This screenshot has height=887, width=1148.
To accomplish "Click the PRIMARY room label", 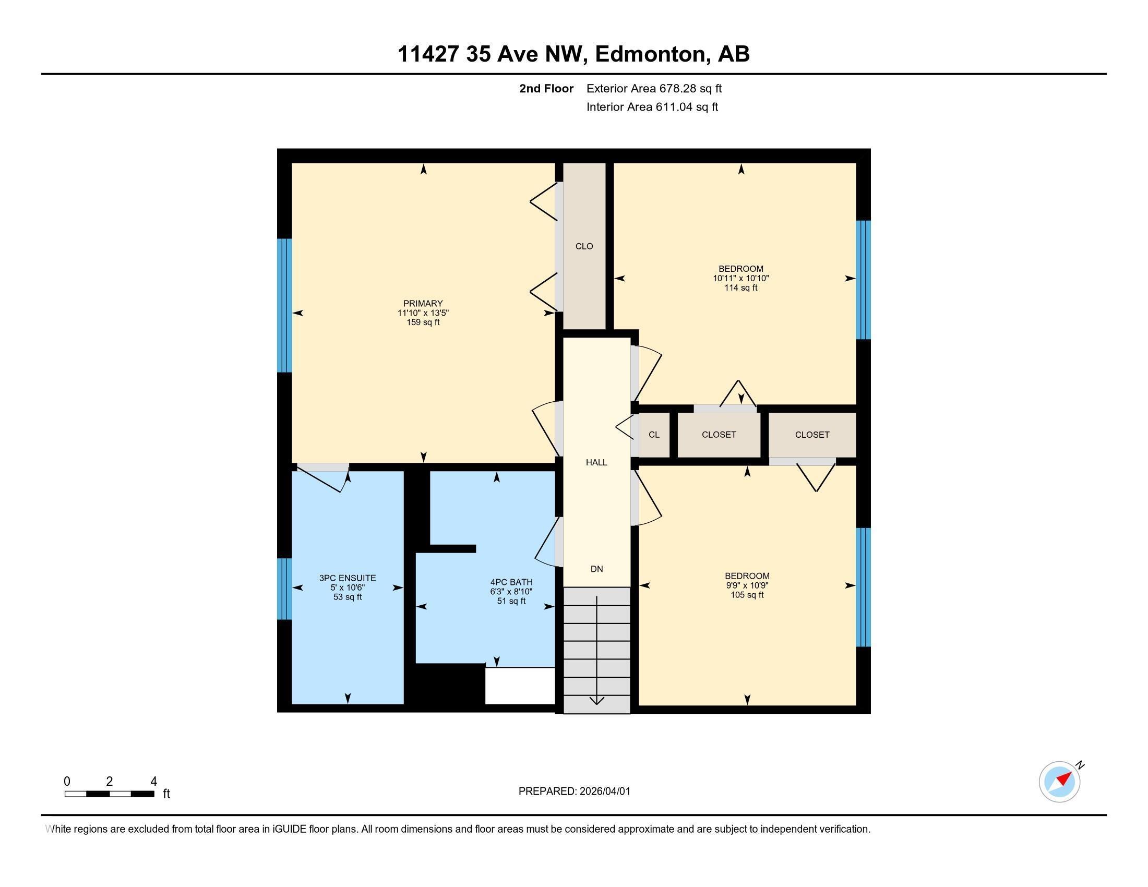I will (x=423, y=303).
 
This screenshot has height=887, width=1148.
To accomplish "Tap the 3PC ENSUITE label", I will (x=348, y=578).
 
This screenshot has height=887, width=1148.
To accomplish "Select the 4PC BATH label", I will (x=511, y=582).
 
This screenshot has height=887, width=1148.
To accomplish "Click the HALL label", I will (x=596, y=462).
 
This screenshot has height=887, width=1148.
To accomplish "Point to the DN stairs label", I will (x=596, y=569).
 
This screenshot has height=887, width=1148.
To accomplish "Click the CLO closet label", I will (x=584, y=246).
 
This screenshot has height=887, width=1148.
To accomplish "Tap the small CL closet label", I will (x=653, y=435).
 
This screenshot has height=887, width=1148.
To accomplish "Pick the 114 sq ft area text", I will (x=740, y=288).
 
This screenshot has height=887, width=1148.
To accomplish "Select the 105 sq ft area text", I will (x=746, y=595).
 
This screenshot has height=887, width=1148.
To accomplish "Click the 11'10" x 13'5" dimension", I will (x=423, y=313).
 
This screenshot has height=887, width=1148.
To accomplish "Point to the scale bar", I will (x=110, y=794).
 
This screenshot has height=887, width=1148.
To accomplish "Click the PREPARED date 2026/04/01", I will (x=574, y=792).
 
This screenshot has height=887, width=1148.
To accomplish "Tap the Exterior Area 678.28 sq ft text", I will (x=654, y=89).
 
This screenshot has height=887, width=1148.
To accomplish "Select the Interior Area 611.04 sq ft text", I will (x=652, y=107).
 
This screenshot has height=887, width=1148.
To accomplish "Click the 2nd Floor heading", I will (x=546, y=89).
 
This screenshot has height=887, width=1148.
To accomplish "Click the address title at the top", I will (x=573, y=54).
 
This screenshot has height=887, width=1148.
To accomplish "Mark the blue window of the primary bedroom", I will (x=284, y=305).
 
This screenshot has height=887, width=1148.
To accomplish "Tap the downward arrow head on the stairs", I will (x=596, y=700).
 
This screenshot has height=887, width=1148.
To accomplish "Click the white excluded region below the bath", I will (x=519, y=686).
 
